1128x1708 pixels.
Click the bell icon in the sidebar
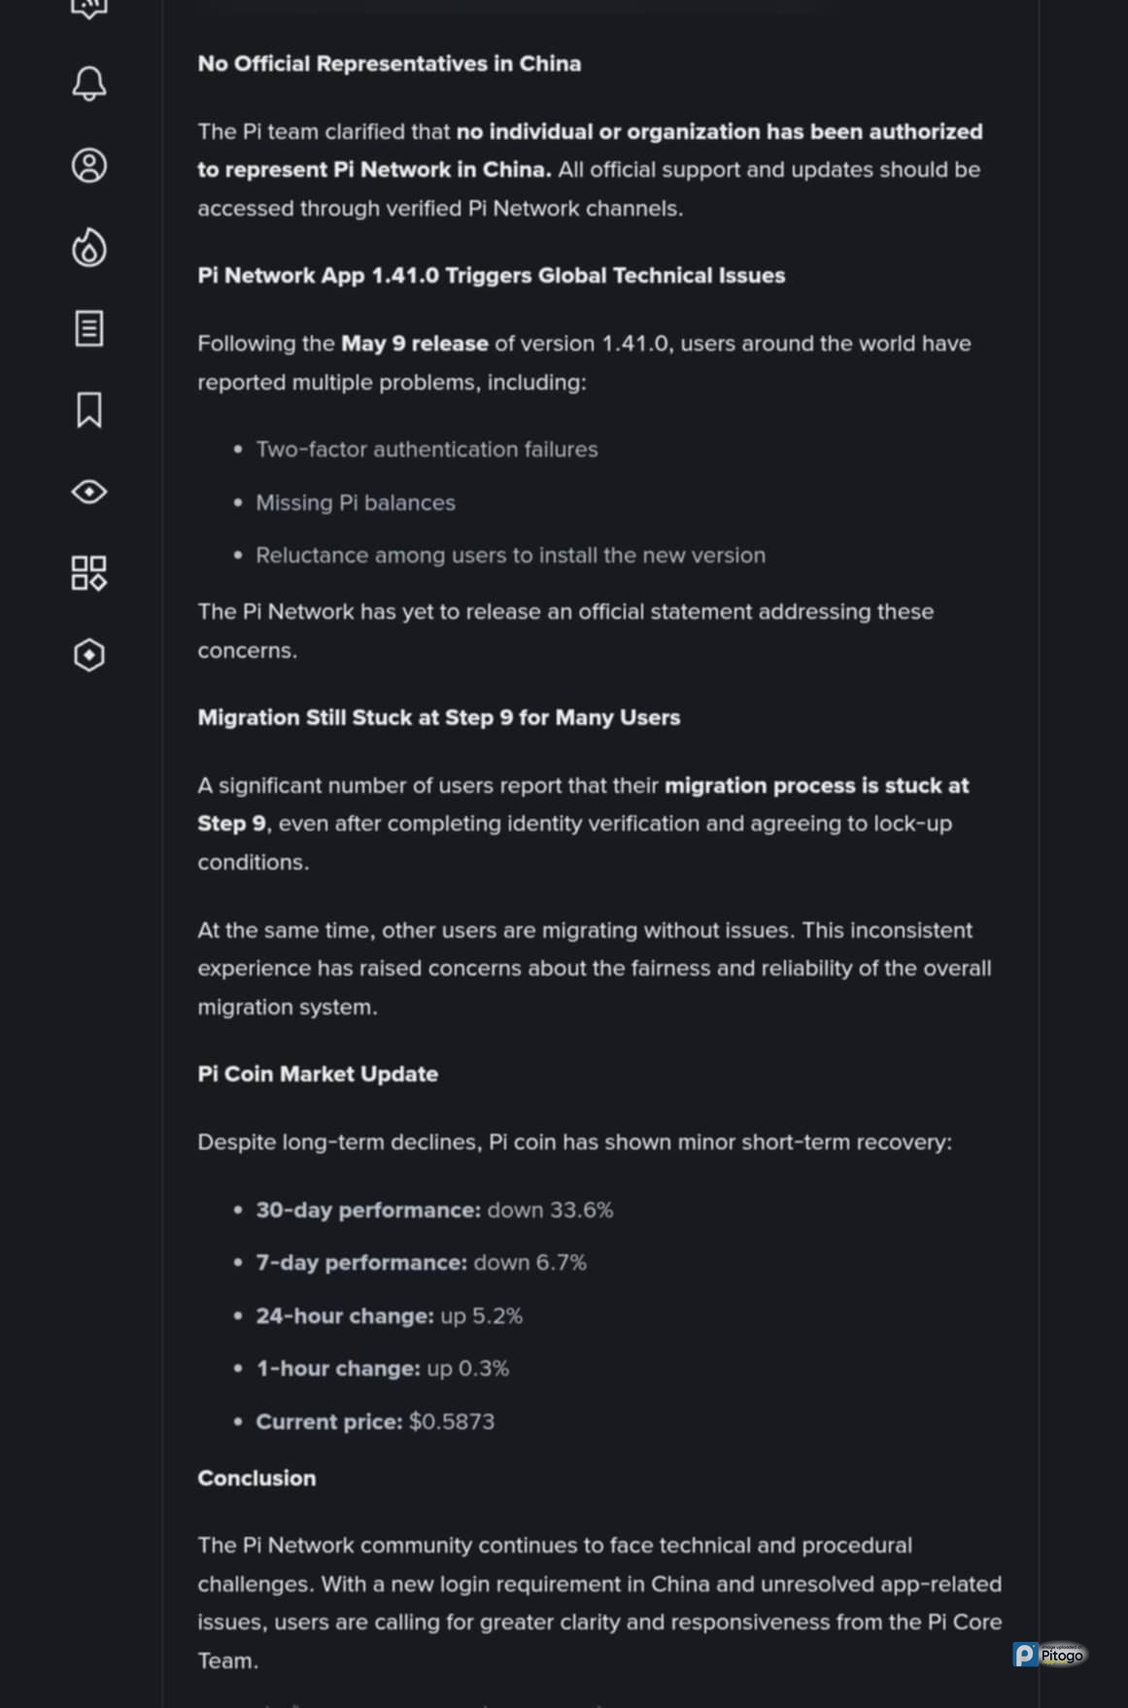tap(89, 84)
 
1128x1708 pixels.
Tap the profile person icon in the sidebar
tap(89, 165)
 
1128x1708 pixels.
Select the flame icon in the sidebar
tap(89, 248)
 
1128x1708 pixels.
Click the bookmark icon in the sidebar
tap(89, 410)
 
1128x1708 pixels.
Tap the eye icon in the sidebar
tap(89, 492)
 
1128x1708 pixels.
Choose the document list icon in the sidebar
tap(89, 328)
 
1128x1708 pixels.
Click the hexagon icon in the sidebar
tap(89, 655)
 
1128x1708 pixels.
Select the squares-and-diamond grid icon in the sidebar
tap(89, 573)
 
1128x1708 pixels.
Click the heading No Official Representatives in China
tap(389, 64)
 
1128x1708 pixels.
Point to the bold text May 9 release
tap(414, 344)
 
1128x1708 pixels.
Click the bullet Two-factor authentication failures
tap(427, 450)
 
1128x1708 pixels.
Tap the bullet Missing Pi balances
tap(355, 503)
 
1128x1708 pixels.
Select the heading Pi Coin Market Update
tap(318, 1075)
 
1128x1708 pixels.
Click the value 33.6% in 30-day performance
tap(581, 1211)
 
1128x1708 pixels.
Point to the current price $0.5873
tap(452, 1422)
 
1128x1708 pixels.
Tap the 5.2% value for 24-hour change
tap(496, 1316)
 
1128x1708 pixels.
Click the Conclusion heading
tap(256, 1479)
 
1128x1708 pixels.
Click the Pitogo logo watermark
tap(1049, 1655)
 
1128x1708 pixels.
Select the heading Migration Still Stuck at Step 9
tap(438, 718)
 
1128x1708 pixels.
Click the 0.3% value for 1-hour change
tap(483, 1369)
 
